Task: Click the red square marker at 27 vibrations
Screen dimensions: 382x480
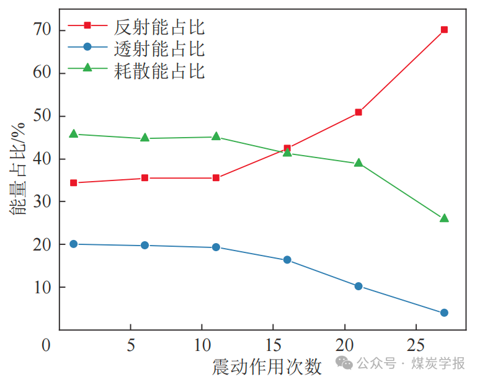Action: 444,30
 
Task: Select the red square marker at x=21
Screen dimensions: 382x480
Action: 358,112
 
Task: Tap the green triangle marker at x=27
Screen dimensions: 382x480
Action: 444,218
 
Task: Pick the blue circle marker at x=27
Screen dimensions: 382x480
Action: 444,313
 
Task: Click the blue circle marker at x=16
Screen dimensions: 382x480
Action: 287,260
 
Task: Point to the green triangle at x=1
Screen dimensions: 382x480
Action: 73,134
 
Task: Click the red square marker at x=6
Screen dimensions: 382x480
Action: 144,178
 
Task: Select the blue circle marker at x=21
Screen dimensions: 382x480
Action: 358,286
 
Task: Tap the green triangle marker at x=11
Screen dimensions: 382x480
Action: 216,136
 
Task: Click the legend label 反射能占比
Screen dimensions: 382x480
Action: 159,27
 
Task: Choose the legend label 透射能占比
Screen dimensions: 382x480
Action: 159,48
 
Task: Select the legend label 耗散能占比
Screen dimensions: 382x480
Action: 159,70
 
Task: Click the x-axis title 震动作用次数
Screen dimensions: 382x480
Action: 267,367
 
